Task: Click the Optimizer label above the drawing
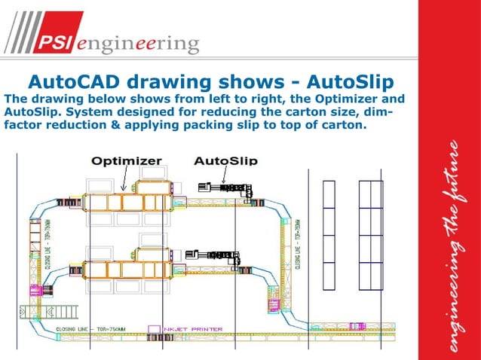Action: tap(127, 160)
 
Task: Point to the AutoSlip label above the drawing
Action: tap(226, 160)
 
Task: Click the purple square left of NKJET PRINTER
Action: tap(153, 328)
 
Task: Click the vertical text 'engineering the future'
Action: tap(450, 249)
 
